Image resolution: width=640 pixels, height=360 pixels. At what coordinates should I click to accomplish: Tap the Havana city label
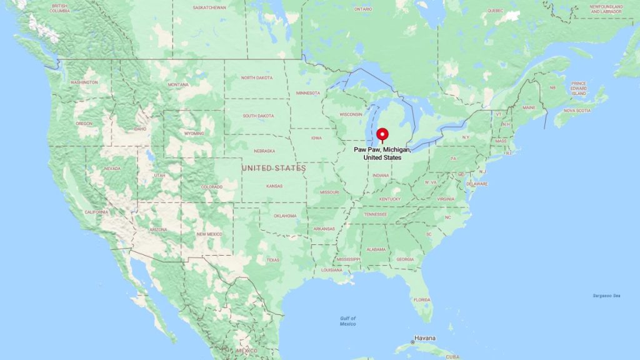(426, 339)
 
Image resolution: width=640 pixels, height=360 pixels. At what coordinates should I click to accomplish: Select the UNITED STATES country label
(274, 168)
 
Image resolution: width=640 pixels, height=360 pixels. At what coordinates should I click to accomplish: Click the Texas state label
(273, 260)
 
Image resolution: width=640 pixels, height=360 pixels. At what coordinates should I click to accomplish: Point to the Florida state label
(422, 299)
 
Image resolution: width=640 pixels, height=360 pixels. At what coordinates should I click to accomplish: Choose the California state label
(97, 212)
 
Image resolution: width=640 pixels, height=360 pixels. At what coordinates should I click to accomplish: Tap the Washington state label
(84, 82)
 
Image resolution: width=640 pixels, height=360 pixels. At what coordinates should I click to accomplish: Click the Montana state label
(178, 85)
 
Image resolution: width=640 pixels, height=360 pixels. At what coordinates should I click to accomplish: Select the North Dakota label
(257, 77)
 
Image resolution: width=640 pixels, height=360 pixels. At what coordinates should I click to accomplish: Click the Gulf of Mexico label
(348, 321)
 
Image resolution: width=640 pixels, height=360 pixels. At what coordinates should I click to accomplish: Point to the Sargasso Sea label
(607, 296)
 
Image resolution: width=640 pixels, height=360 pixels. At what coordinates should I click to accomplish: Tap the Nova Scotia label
(572, 110)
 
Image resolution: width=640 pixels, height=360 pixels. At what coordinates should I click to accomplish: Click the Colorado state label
(211, 187)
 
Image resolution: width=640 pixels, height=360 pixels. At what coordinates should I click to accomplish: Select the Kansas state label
(274, 186)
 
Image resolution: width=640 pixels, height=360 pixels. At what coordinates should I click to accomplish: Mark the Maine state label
(529, 107)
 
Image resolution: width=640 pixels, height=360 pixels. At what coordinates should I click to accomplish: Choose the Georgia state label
(405, 259)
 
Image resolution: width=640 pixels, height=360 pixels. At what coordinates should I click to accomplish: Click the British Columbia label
(60, 9)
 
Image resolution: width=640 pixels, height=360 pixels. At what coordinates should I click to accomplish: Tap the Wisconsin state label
(351, 114)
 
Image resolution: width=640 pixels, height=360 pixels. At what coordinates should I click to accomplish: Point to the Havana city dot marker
(412, 342)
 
